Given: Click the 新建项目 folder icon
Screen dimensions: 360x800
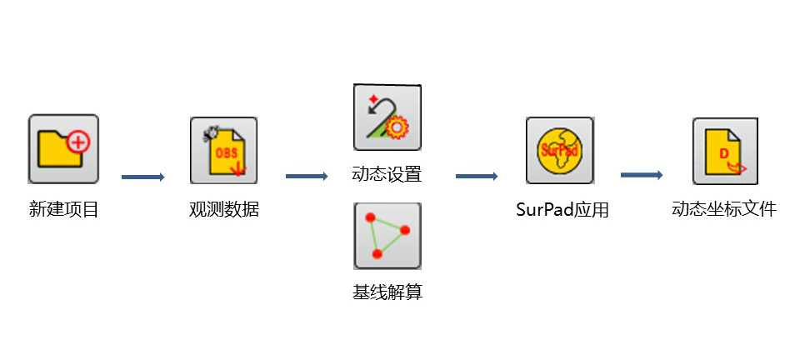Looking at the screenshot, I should [63, 148].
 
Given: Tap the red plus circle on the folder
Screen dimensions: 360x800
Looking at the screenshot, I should [78, 142].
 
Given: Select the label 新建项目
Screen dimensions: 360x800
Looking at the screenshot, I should [64, 209].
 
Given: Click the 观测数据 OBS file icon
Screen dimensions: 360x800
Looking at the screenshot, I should [223, 150].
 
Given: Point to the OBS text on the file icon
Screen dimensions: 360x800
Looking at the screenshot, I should [226, 152].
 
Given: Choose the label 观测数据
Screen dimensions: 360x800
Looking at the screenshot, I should [224, 209].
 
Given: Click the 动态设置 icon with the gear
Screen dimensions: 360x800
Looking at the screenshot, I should [387, 117].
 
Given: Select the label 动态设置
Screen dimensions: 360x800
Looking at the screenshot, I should [387, 175].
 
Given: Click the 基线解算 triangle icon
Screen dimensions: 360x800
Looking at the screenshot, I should [387, 236].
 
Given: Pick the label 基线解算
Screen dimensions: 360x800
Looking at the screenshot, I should [387, 292].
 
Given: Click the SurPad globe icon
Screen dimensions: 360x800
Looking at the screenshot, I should [559, 150].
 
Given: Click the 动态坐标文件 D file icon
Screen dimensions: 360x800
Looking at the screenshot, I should [725, 150].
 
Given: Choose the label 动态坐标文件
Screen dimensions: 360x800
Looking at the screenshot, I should [724, 209].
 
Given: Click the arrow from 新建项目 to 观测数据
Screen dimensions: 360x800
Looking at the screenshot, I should [143, 177].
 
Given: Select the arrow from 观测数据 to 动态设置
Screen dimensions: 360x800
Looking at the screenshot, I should [307, 176].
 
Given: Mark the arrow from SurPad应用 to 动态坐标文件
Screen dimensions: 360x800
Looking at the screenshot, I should [642, 175].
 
